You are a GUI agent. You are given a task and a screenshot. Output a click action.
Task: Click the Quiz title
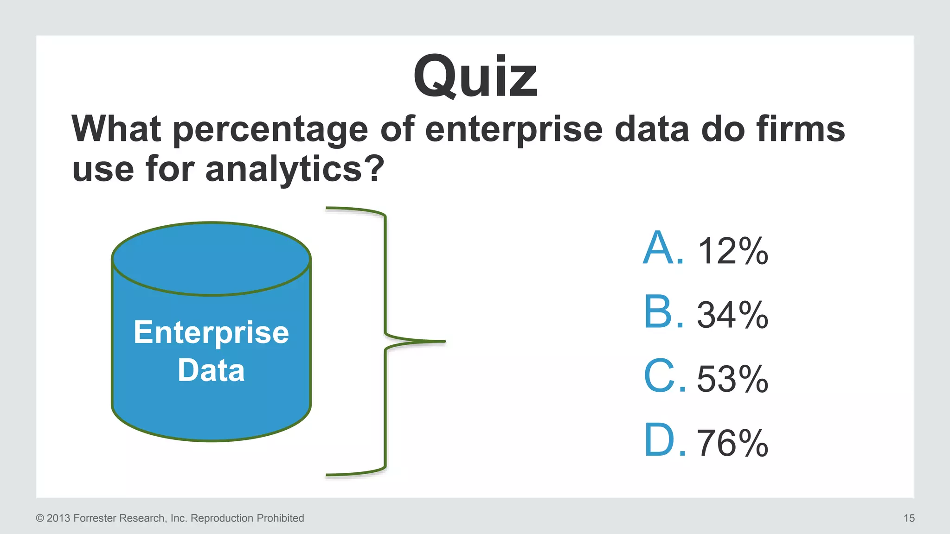coord(475,76)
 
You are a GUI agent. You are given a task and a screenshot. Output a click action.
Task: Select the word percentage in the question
coord(270,130)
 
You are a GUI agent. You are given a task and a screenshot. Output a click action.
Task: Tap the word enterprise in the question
coord(514,130)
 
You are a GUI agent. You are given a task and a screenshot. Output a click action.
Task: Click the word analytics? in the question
coord(295,170)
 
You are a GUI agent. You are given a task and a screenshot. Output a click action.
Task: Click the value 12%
coord(732,251)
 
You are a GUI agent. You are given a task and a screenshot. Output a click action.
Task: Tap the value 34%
coord(732,315)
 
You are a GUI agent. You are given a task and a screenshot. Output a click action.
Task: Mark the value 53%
coord(732,379)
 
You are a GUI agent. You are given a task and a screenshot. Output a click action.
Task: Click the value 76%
coord(732,443)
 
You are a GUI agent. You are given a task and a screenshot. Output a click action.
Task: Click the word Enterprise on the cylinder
coord(211,333)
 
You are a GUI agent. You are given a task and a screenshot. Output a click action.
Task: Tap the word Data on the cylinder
coord(211,371)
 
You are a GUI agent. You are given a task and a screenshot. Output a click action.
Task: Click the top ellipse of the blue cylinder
coord(211,259)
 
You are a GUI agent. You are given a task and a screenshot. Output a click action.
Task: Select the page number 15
coord(909,518)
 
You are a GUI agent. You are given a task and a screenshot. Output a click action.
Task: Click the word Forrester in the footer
coord(95,518)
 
